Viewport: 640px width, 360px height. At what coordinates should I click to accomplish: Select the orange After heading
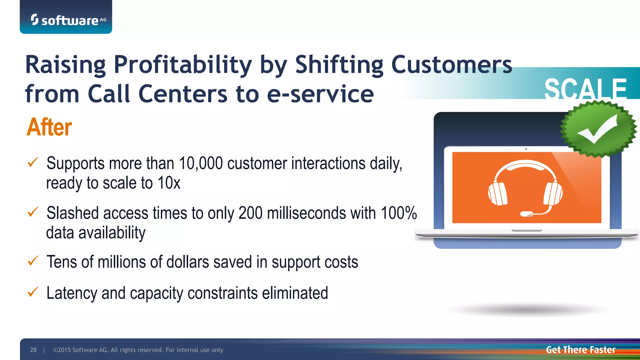tap(49, 127)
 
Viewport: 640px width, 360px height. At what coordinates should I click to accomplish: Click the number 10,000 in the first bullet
tap(201, 163)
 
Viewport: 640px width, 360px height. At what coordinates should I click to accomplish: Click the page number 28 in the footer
tap(33, 350)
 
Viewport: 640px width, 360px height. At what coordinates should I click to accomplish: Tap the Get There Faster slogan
tap(580, 350)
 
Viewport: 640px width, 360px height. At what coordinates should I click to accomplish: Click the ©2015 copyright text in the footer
tap(138, 350)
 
